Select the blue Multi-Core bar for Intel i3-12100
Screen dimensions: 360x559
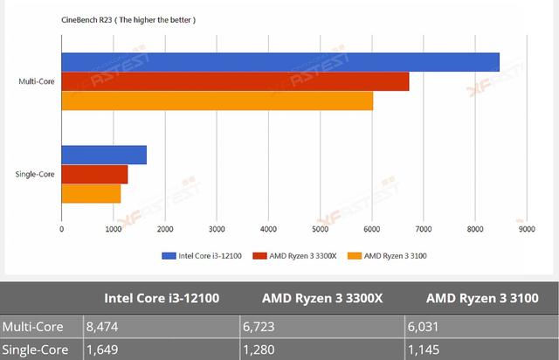[279, 62]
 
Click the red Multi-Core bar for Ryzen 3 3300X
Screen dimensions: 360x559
[235, 81]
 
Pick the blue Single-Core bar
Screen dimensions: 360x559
[104, 155]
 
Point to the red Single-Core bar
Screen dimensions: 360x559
[94, 174]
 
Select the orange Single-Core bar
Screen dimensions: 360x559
[91, 193]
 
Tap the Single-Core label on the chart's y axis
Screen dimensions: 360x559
[35, 174]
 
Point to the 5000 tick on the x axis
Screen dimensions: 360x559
[320, 230]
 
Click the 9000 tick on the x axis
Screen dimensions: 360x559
[526, 230]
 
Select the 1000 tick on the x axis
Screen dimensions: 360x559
[113, 230]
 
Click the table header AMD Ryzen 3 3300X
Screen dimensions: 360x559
[323, 299]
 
